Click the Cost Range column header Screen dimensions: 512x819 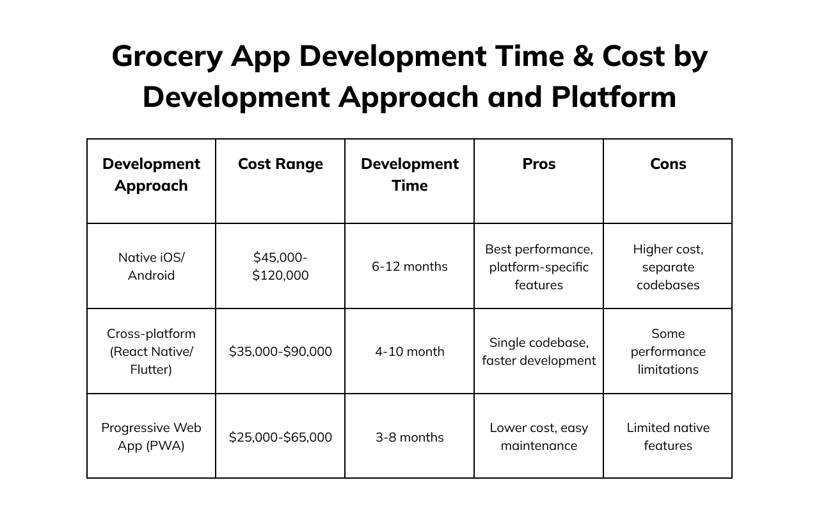tap(280, 164)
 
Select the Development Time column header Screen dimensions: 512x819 tap(409, 175)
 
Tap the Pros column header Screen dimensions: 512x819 tap(539, 164)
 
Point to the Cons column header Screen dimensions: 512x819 tap(668, 164)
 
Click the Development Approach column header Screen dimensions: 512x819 tap(151, 175)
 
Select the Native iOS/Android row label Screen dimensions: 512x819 tap(151, 266)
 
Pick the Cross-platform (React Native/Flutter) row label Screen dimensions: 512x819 tap(151, 351)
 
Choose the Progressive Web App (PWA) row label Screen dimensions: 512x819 tap(151, 436)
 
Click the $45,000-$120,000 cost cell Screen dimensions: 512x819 tap(280, 266)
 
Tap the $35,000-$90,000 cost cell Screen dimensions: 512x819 tap(280, 351)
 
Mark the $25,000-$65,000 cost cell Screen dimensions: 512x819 tap(280, 437)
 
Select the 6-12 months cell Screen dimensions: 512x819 tap(409, 266)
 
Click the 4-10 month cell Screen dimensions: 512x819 tap(409, 351)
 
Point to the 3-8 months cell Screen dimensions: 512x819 tap(409, 437)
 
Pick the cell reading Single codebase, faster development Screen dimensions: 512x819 tap(539, 351)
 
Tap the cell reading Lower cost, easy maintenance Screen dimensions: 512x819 tap(539, 436)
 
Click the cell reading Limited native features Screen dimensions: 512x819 tap(668, 436)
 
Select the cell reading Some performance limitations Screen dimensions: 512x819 tap(668, 351)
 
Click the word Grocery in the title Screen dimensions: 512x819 tap(167, 57)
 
